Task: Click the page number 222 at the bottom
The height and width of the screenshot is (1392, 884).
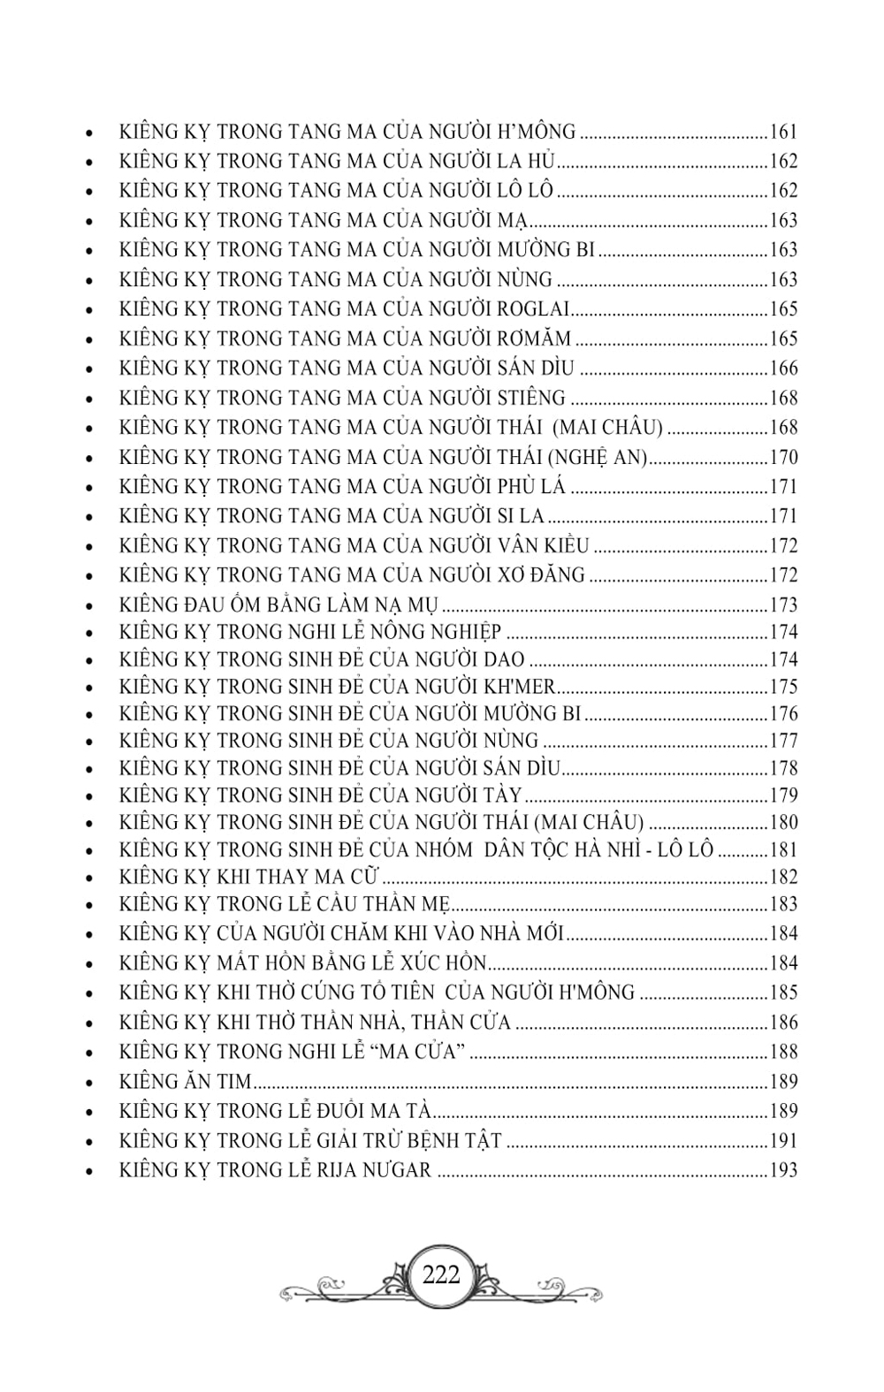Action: (442, 1275)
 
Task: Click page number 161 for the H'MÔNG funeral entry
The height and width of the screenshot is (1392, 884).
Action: (784, 133)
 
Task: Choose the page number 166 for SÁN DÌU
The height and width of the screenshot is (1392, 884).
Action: (784, 369)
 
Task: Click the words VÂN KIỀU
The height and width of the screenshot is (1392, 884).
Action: (543, 546)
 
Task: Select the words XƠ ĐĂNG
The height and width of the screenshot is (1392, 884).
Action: (541, 575)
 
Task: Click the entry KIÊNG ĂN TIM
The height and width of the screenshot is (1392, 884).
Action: (186, 1081)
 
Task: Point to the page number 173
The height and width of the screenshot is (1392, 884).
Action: (784, 605)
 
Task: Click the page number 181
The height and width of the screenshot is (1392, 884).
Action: (784, 850)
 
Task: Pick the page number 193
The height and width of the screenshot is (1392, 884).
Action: (784, 1170)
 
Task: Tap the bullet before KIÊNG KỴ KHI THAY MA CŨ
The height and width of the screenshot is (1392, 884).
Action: (91, 879)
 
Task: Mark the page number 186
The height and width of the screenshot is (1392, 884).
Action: (784, 1023)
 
